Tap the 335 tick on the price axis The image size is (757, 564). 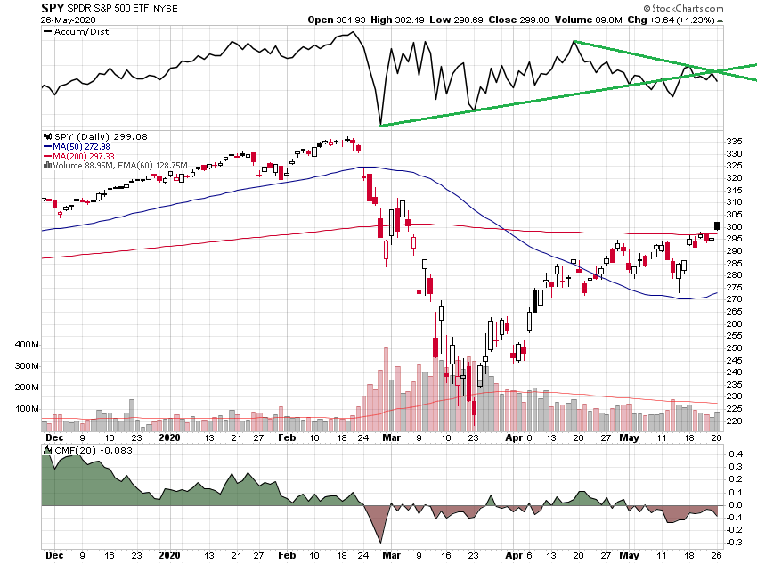point(734,142)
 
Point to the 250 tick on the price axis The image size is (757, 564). point(734,347)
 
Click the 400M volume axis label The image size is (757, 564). point(28,345)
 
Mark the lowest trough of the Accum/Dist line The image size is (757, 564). point(380,125)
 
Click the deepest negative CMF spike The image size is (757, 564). point(381,543)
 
